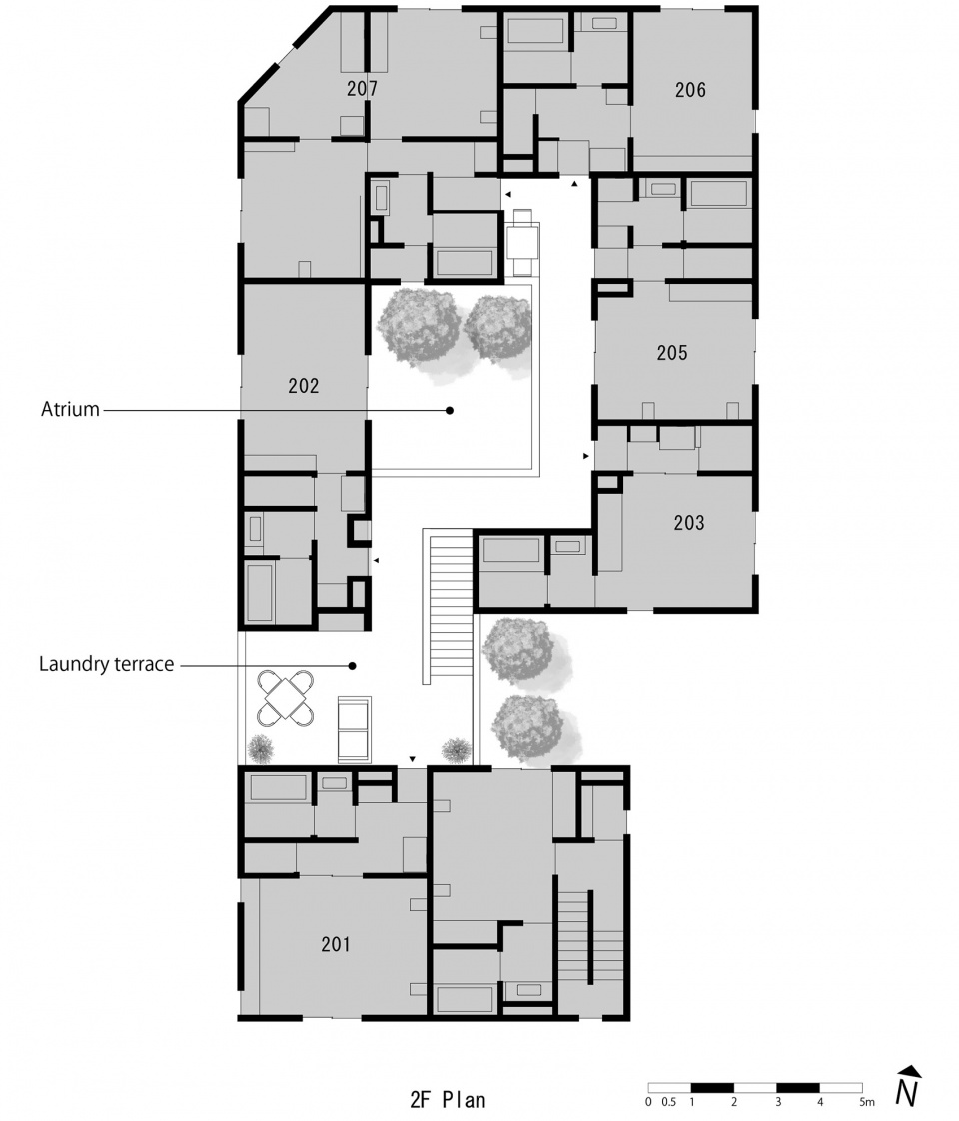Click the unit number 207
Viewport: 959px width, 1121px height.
[362, 89]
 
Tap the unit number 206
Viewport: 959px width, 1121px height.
[690, 90]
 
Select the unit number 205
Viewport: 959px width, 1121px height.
[672, 353]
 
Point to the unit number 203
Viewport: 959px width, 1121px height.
[689, 522]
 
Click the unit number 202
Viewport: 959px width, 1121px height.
[303, 386]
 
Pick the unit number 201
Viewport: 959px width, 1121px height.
[336, 943]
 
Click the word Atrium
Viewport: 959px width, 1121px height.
[70, 409]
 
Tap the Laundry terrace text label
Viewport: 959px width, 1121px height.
[107, 664]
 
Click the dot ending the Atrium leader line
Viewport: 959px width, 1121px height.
[450, 410]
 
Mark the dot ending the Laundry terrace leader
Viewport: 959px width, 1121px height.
[352, 665]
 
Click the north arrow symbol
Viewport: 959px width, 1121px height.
[907, 1086]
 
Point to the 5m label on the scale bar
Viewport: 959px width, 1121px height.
[865, 1102]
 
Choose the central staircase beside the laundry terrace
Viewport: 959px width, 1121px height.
[446, 606]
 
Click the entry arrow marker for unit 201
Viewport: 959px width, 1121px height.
[411, 759]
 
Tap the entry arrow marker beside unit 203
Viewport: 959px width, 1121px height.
[586, 455]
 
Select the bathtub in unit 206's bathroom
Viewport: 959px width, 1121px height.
[536, 31]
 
